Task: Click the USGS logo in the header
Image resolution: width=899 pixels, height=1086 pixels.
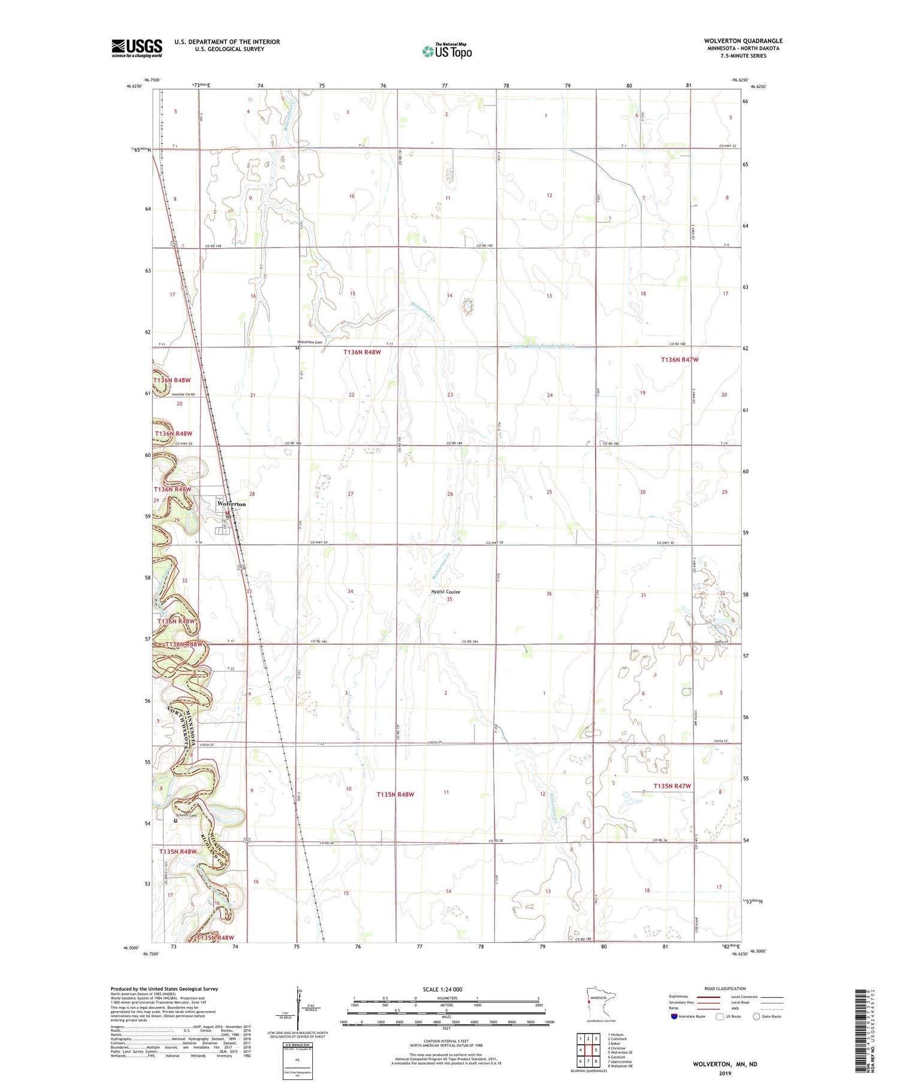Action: pyautogui.click(x=137, y=48)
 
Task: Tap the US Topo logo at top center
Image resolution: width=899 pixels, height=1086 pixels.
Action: pyautogui.click(x=447, y=52)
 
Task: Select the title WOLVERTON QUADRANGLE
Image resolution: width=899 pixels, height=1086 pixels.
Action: pyautogui.click(x=743, y=41)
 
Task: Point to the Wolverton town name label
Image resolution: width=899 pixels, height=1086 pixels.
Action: pyautogui.click(x=231, y=504)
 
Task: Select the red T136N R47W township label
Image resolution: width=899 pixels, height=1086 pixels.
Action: pyautogui.click(x=680, y=359)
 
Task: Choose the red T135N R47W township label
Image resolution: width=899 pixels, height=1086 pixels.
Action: pyautogui.click(x=672, y=786)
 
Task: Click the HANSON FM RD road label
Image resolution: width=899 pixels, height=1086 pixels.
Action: pyautogui.click(x=183, y=394)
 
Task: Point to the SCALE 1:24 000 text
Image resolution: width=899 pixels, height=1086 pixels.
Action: pyautogui.click(x=443, y=989)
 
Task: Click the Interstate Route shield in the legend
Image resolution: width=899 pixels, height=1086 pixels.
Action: pyautogui.click(x=674, y=1017)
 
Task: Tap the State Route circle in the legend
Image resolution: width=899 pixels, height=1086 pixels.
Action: pyautogui.click(x=756, y=1017)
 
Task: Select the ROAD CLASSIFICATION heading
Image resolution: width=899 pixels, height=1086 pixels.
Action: pyautogui.click(x=725, y=988)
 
